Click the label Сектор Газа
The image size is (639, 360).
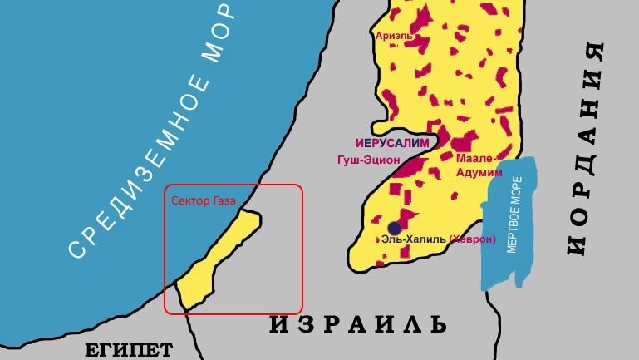pyautogui.click(x=204, y=200)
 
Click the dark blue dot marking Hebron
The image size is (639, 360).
pyautogui.click(x=394, y=227)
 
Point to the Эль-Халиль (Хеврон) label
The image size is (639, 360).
pyautogui.click(x=438, y=239)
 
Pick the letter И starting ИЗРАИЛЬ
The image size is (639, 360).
pyautogui.click(x=278, y=323)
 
